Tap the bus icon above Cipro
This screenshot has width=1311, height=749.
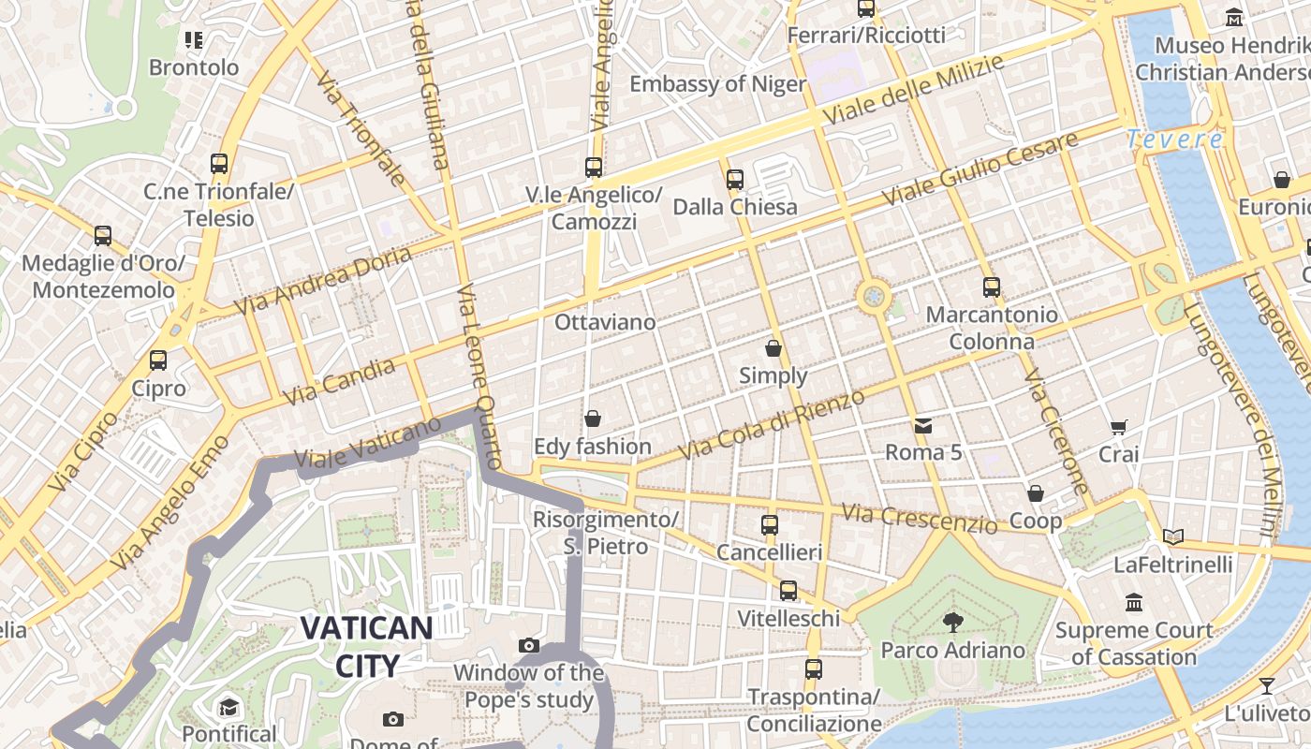(158, 360)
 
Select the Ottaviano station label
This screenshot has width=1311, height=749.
(605, 322)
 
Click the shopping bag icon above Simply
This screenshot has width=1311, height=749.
(773, 349)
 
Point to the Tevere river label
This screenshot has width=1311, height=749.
(1174, 140)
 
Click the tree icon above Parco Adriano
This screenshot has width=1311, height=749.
(953, 622)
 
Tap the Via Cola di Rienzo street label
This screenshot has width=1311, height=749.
(772, 425)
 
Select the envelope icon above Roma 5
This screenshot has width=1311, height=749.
(923, 426)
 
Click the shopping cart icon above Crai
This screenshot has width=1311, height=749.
(1118, 428)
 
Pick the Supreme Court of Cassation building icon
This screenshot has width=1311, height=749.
(1134, 602)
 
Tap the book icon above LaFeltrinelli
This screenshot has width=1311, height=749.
(1172, 537)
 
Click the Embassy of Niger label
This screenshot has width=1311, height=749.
(717, 84)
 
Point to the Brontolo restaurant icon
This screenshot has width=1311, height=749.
(194, 40)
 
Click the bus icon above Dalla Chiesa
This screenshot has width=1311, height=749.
(735, 180)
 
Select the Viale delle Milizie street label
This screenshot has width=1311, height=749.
(913, 89)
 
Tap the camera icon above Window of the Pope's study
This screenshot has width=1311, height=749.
(529, 646)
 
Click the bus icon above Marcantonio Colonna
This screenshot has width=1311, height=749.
(992, 287)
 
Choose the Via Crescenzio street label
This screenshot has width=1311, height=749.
(919, 518)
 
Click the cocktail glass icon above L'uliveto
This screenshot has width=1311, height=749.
(1266, 686)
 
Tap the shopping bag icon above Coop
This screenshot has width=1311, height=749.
(1036, 493)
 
